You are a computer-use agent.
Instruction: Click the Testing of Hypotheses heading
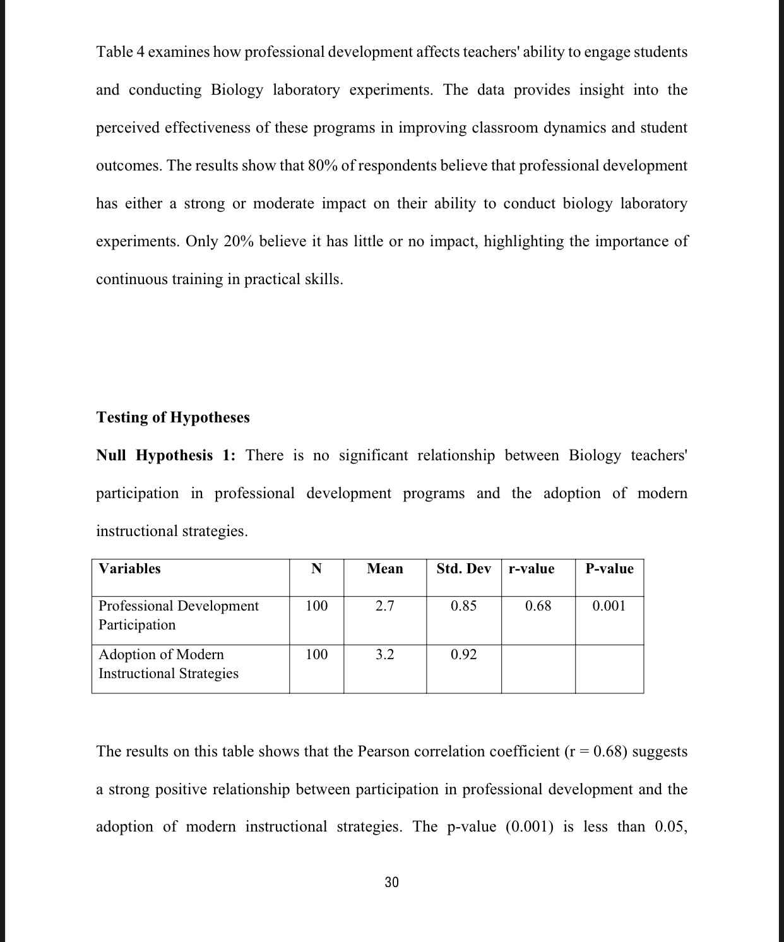pyautogui.click(x=173, y=417)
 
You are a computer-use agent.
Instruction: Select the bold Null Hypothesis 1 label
pyautogui.click(x=165, y=455)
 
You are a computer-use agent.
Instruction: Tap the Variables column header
pyautogui.click(x=129, y=568)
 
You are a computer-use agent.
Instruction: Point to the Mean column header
pyautogui.click(x=384, y=568)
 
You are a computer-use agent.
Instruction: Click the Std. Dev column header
pyautogui.click(x=463, y=568)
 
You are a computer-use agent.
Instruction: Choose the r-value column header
pyautogui.click(x=532, y=568)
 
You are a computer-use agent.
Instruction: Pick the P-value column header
pyautogui.click(x=609, y=568)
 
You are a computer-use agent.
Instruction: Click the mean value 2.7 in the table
pyautogui.click(x=384, y=606)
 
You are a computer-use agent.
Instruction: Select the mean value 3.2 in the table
pyautogui.click(x=384, y=655)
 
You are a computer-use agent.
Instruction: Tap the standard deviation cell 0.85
pyautogui.click(x=463, y=606)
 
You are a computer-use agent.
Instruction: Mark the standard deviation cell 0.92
pyautogui.click(x=463, y=655)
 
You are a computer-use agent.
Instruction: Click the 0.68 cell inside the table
pyautogui.click(x=538, y=606)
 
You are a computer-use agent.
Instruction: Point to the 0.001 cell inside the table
pyautogui.click(x=609, y=606)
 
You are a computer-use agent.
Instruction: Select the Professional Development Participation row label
pyautogui.click(x=178, y=615)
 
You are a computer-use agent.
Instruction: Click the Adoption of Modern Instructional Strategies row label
pyautogui.click(x=168, y=664)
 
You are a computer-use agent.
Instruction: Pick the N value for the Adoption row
pyautogui.click(x=316, y=655)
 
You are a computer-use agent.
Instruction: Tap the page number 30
pyautogui.click(x=391, y=882)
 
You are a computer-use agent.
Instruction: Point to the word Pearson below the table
pyautogui.click(x=384, y=751)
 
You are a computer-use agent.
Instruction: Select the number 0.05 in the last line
pyautogui.click(x=670, y=827)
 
